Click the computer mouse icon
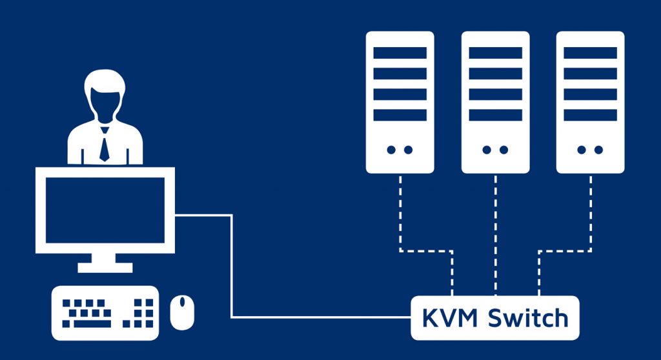pyautogui.click(x=182, y=312)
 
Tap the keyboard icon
pyautogui.click(x=105, y=312)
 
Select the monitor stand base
pyautogui.click(x=105, y=266)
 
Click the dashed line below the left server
pyautogui.click(x=401, y=213)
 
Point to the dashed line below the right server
pyautogui.click(x=590, y=213)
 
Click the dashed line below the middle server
pyautogui.click(x=495, y=232)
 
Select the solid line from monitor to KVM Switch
pyautogui.click(x=231, y=271)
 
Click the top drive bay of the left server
pyautogui.click(x=400, y=53)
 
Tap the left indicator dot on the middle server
pyautogui.click(x=486, y=150)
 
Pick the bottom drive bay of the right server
pyautogui.click(x=590, y=115)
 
